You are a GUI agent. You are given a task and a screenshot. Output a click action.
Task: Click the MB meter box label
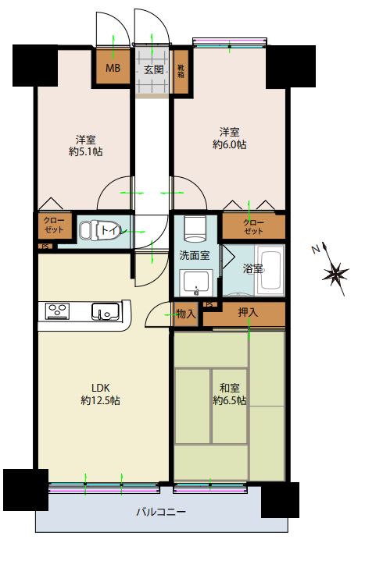pyautogui.click(x=113, y=68)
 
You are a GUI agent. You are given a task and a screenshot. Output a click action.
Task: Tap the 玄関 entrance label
pyautogui.click(x=153, y=69)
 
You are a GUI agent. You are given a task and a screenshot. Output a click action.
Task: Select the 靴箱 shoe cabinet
pyautogui.click(x=181, y=71)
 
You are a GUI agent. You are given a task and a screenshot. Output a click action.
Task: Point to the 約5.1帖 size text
pyautogui.click(x=86, y=151)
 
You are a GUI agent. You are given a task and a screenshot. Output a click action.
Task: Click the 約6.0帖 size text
pyautogui.click(x=230, y=144)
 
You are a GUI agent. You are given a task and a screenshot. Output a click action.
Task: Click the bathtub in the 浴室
pyautogui.click(x=270, y=270)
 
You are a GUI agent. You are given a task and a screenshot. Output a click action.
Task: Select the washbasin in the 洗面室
pyautogui.click(x=195, y=283)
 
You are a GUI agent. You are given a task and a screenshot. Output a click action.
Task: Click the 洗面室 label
pyautogui.click(x=195, y=255)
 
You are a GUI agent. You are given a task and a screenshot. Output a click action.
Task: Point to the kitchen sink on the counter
pyautogui.click(x=106, y=311)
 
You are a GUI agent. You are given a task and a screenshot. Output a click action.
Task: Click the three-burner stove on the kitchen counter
pyautogui.click(x=57, y=311)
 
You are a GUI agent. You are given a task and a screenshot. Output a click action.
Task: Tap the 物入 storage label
pyautogui.click(x=186, y=314)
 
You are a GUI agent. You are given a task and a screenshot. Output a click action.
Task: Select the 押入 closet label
pyautogui.click(x=248, y=312)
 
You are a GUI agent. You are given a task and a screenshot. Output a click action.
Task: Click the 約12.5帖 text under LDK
pyautogui.click(x=100, y=400)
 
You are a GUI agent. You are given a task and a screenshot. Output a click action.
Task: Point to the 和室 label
pyautogui.click(x=230, y=388)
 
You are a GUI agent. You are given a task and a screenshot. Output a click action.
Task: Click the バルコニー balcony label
pyautogui.click(x=161, y=512)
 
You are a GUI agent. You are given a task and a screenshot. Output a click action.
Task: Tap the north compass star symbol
pyautogui.click(x=335, y=272)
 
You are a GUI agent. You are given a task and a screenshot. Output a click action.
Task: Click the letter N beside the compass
pyautogui.click(x=316, y=249)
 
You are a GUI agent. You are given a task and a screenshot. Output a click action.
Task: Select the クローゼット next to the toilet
pyautogui.click(x=54, y=225)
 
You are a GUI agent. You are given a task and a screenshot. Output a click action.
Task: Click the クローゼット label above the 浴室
pyautogui.click(x=253, y=227)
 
